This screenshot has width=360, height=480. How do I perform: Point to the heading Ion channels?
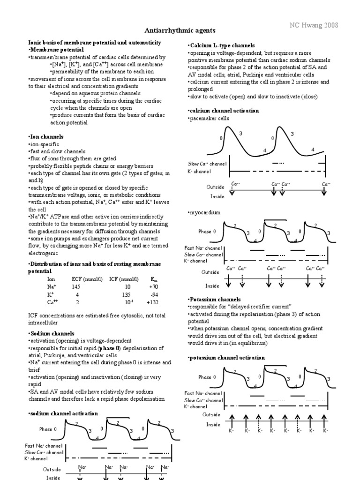click(46, 136)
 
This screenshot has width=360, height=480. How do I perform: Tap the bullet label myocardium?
click(204, 212)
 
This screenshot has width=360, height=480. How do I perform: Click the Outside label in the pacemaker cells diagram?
click(216, 187)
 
